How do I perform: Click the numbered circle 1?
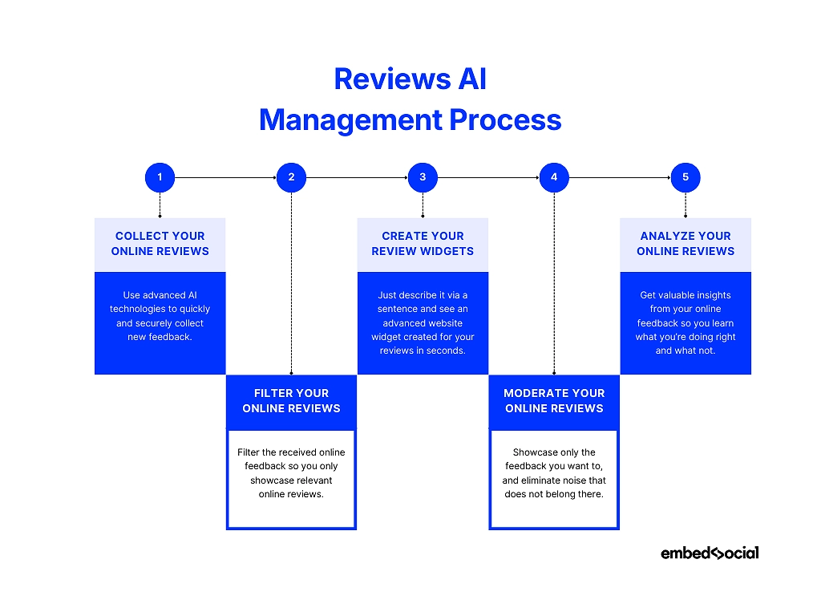160,177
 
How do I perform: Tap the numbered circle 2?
291,177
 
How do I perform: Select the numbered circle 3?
423,177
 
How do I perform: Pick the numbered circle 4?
554,177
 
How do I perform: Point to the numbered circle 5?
686,177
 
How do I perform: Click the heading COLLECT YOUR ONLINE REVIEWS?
160,244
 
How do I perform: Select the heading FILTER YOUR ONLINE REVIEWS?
291,401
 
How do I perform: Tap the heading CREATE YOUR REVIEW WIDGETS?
423,244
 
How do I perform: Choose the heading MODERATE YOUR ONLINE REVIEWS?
554,401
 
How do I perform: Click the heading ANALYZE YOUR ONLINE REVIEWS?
686,244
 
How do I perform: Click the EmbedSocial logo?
710,553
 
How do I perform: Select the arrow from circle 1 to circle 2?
225,177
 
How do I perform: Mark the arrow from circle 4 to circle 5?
620,177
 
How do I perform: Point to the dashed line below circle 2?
291,281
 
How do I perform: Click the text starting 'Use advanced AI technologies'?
160,316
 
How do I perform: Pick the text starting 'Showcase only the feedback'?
554,473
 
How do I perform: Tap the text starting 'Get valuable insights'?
686,323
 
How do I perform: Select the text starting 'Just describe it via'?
423,323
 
